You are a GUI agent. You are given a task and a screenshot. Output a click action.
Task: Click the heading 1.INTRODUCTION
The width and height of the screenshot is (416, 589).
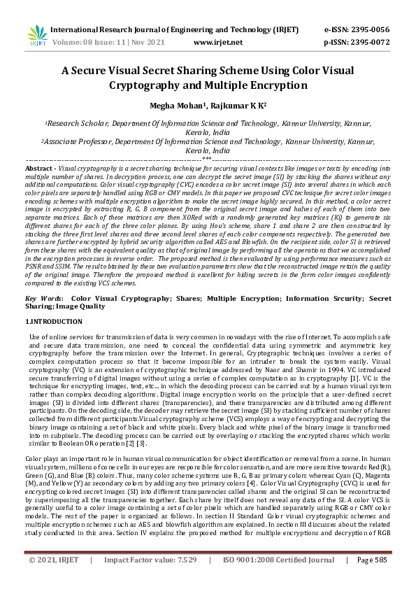coord(54,321)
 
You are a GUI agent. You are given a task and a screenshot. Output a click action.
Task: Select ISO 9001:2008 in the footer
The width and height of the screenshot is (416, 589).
coord(249,579)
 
